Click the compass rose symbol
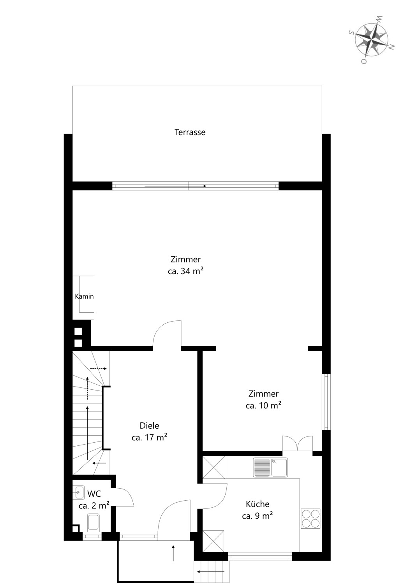(372, 40)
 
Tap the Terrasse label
(190, 132)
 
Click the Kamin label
(84, 296)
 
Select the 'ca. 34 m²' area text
(185, 271)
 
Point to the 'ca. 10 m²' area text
(263, 406)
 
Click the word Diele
(150, 426)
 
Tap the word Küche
(258, 504)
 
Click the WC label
(94, 494)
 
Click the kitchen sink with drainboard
(270, 468)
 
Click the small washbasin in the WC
(78, 493)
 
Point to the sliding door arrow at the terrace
(175, 186)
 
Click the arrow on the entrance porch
(173, 553)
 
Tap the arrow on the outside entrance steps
(211, 570)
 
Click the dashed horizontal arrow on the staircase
(98, 369)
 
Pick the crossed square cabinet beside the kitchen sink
(214, 468)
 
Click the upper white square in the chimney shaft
(78, 331)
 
